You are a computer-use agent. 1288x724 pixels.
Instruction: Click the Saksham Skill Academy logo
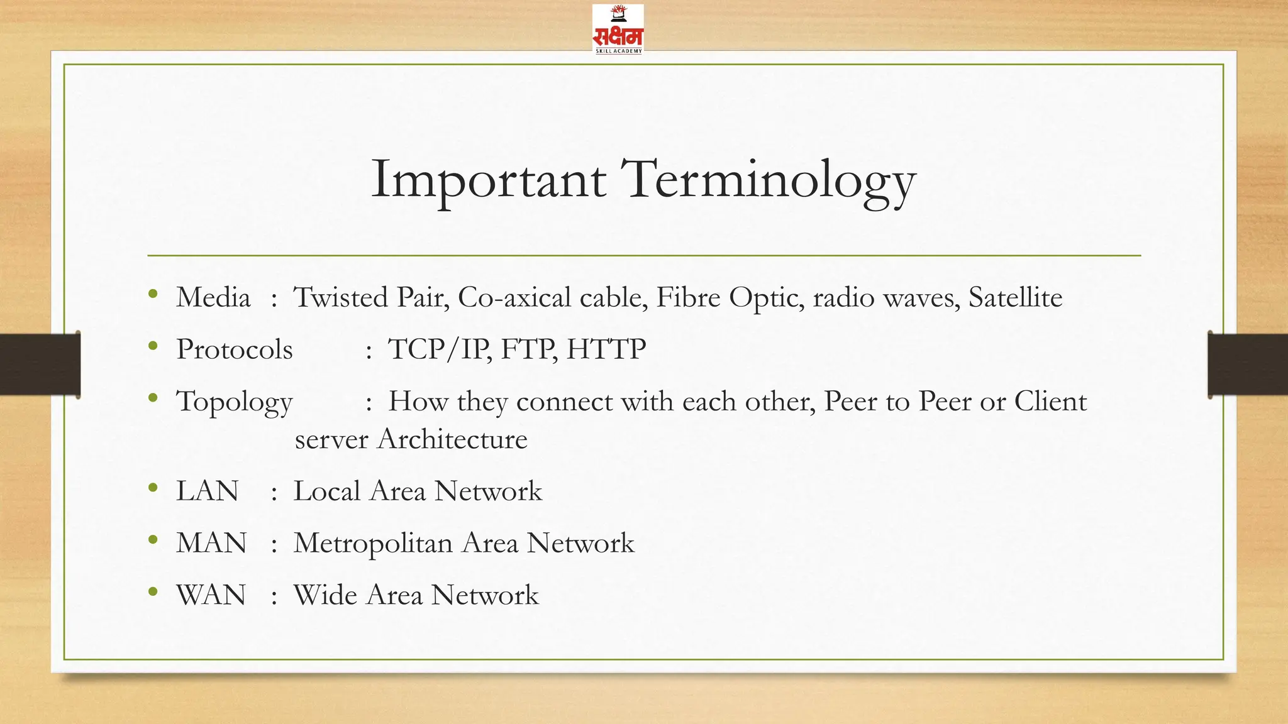[x=618, y=30]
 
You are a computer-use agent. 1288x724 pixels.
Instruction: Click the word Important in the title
[x=488, y=180]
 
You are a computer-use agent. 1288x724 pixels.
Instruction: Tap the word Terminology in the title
[x=768, y=180]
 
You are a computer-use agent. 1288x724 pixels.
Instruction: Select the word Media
[x=213, y=297]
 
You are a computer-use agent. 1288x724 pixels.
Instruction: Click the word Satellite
[x=1015, y=297]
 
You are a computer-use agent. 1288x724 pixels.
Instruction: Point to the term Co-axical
[x=514, y=297]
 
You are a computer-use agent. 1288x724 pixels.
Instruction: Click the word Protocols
[x=235, y=349]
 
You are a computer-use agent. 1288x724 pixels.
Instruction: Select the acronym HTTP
[x=606, y=349]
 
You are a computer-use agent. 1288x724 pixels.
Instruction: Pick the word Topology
[x=235, y=402]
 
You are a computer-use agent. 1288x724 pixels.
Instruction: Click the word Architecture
[x=452, y=439]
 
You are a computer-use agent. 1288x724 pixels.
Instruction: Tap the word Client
[x=1050, y=402]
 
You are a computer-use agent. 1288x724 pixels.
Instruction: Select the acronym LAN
[x=208, y=491]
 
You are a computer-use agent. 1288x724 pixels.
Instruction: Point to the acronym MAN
[x=211, y=544]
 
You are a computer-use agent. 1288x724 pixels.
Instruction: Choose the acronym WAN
[x=211, y=596]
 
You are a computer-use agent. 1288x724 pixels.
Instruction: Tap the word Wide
[x=325, y=596]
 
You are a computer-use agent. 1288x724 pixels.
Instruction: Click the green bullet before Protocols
[x=153, y=346]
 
